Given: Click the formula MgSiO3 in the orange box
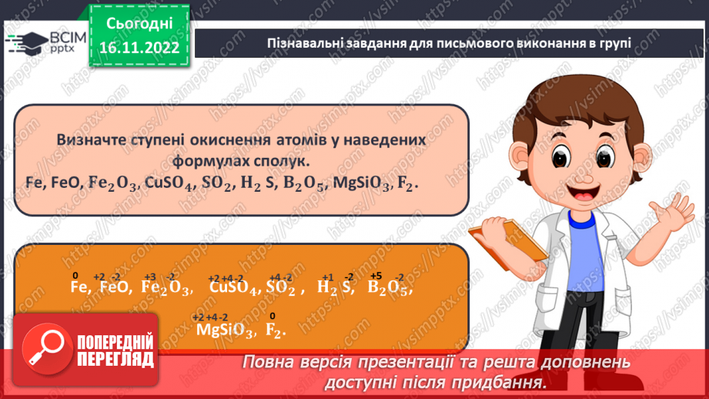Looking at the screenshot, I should pos(224,330).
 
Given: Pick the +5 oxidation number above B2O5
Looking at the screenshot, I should pos(376,275).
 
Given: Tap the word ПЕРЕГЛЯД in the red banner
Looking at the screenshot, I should pos(115,358).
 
